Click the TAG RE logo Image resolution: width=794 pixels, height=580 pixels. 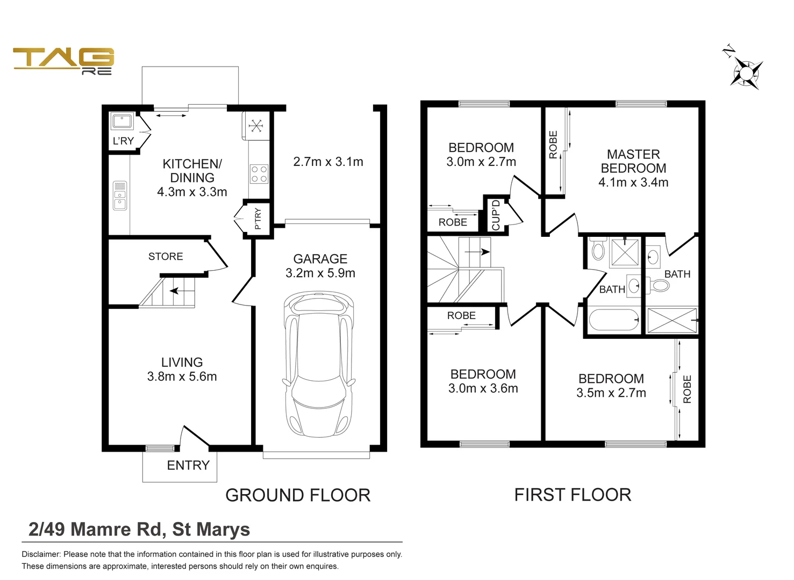tap(63, 60)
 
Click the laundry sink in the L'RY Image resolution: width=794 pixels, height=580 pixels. tap(122, 121)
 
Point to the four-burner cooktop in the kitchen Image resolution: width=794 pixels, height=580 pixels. tap(259, 175)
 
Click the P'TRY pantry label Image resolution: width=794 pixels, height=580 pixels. tap(257, 219)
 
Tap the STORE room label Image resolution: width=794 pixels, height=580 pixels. tap(166, 257)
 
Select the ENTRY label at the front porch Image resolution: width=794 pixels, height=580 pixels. tap(188, 466)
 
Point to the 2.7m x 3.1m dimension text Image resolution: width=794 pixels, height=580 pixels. tap(328, 162)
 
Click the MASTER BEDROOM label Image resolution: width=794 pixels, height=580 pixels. tap(633, 161)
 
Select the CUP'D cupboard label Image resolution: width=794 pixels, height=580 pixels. tap(496, 215)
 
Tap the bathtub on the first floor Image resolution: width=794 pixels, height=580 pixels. tap(613, 320)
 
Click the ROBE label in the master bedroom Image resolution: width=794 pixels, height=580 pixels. tap(553, 145)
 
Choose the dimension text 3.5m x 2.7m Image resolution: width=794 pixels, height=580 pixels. tap(611, 393)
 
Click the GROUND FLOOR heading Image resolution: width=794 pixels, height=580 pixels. tap(298, 495)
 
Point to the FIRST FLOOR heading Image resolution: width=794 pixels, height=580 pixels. tap(573, 495)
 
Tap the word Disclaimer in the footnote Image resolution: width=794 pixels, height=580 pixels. tap(40, 554)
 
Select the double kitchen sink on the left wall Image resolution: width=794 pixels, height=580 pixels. tap(119, 195)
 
